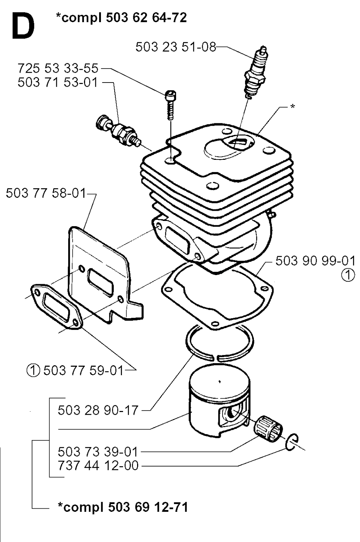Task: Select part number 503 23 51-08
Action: pyautogui.click(x=175, y=47)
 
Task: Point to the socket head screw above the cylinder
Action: pyautogui.click(x=171, y=105)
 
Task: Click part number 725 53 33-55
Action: pyautogui.click(x=58, y=68)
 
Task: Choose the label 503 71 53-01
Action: pyautogui.click(x=58, y=82)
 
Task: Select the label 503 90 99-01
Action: pyautogui.click(x=315, y=261)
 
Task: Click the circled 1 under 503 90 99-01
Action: pyautogui.click(x=348, y=276)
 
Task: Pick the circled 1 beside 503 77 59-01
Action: pyautogui.click(x=33, y=371)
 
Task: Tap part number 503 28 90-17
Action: pyautogui.click(x=98, y=410)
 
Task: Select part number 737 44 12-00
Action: pyautogui.click(x=98, y=465)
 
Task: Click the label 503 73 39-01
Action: pyautogui.click(x=98, y=451)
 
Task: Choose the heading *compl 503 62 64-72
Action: pyautogui.click(x=121, y=18)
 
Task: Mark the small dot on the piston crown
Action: pyautogui.click(x=220, y=382)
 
